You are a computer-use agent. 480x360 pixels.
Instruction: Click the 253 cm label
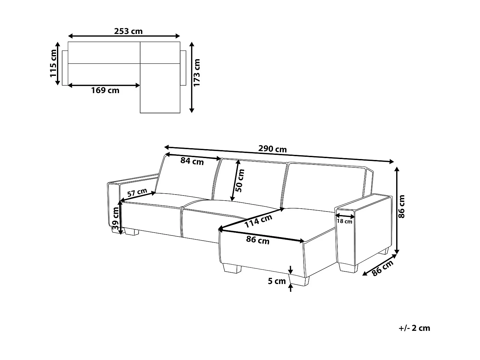(x=128, y=31)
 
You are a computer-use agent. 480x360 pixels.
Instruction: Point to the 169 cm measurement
(x=105, y=91)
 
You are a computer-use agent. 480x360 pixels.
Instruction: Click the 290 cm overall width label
(x=272, y=149)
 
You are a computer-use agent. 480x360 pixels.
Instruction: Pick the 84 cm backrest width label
(x=192, y=161)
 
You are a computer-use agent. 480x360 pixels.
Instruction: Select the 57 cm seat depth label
(x=137, y=193)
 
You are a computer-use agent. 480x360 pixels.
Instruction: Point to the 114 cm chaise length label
(x=258, y=221)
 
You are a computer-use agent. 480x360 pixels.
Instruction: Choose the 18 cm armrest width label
(x=344, y=221)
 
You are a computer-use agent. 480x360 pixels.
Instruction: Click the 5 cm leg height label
(x=276, y=281)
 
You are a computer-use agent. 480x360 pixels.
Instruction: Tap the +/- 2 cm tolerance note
(x=414, y=328)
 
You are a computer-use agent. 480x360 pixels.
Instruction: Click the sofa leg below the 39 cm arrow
(x=132, y=232)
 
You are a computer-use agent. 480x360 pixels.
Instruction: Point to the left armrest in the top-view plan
(x=65, y=68)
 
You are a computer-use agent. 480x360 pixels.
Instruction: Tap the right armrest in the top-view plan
(x=183, y=68)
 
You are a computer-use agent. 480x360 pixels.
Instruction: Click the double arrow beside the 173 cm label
(x=192, y=77)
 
